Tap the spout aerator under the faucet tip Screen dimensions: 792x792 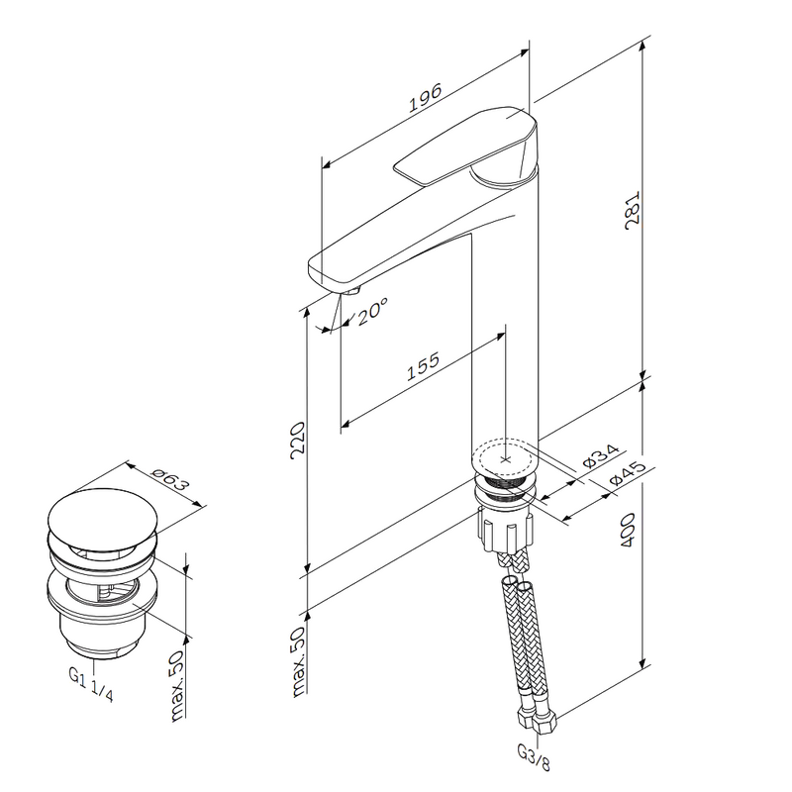click(x=351, y=290)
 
